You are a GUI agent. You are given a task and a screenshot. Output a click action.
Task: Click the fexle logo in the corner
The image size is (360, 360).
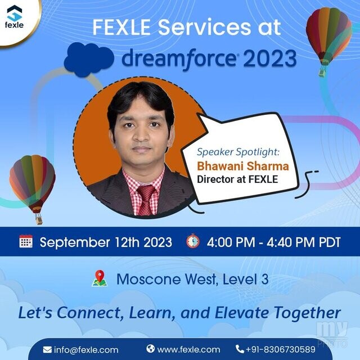(x=14, y=17)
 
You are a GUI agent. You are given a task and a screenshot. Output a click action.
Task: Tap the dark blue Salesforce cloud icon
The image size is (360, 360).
(x=89, y=60)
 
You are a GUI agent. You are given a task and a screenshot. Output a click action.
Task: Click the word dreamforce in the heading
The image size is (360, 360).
(x=179, y=59)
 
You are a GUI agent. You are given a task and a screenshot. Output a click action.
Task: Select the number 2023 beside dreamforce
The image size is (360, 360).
(x=270, y=58)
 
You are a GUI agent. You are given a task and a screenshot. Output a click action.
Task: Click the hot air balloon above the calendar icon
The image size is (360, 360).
(x=33, y=189)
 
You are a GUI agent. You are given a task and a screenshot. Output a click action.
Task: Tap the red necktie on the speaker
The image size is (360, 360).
(x=146, y=200)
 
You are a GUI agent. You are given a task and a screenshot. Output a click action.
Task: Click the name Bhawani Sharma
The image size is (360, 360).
(x=243, y=166)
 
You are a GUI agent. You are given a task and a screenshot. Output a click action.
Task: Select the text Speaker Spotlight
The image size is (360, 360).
(x=238, y=152)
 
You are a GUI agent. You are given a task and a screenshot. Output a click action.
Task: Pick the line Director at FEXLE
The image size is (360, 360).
(x=237, y=179)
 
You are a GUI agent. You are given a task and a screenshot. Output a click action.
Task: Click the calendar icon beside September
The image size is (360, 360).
(x=26, y=241)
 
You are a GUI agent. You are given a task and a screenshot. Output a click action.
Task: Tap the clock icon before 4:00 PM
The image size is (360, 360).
(x=193, y=241)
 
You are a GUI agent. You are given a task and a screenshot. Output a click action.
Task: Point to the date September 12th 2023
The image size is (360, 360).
(x=106, y=242)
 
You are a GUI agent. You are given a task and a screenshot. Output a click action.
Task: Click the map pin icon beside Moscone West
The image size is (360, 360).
(x=100, y=278)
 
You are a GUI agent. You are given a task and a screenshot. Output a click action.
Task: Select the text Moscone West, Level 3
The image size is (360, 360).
(x=192, y=280)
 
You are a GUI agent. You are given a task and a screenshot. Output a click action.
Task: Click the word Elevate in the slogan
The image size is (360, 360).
(x=241, y=313)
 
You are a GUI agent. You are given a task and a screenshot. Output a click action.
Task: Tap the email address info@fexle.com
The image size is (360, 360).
(x=86, y=350)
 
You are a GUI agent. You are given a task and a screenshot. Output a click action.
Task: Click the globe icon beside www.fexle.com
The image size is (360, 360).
(x=151, y=349)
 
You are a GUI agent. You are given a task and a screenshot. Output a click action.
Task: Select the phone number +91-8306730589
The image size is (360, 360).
(x=280, y=349)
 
